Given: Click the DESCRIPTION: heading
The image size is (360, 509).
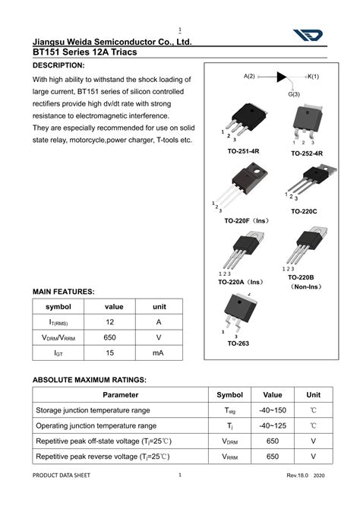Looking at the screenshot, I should point(58,66).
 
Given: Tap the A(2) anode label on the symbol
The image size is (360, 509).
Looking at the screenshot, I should point(249,77).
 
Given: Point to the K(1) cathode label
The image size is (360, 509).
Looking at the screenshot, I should point(313,77).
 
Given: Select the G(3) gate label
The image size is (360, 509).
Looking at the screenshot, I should point(293,94).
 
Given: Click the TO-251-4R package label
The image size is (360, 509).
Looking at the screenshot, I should point(243,151).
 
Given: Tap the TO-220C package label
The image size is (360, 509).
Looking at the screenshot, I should point(304,211).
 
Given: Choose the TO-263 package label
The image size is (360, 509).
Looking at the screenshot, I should point(238,343).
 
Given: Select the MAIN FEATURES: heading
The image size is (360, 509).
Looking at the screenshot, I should point(63,292).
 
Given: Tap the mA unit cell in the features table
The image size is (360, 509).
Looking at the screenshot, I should point(159,353).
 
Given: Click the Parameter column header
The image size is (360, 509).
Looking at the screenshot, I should point(121,395).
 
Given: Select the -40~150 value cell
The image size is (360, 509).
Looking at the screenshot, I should point(272,410).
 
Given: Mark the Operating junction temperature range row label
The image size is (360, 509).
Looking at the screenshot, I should point(96,426).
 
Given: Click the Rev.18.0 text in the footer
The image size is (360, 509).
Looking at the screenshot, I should point(301,496).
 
